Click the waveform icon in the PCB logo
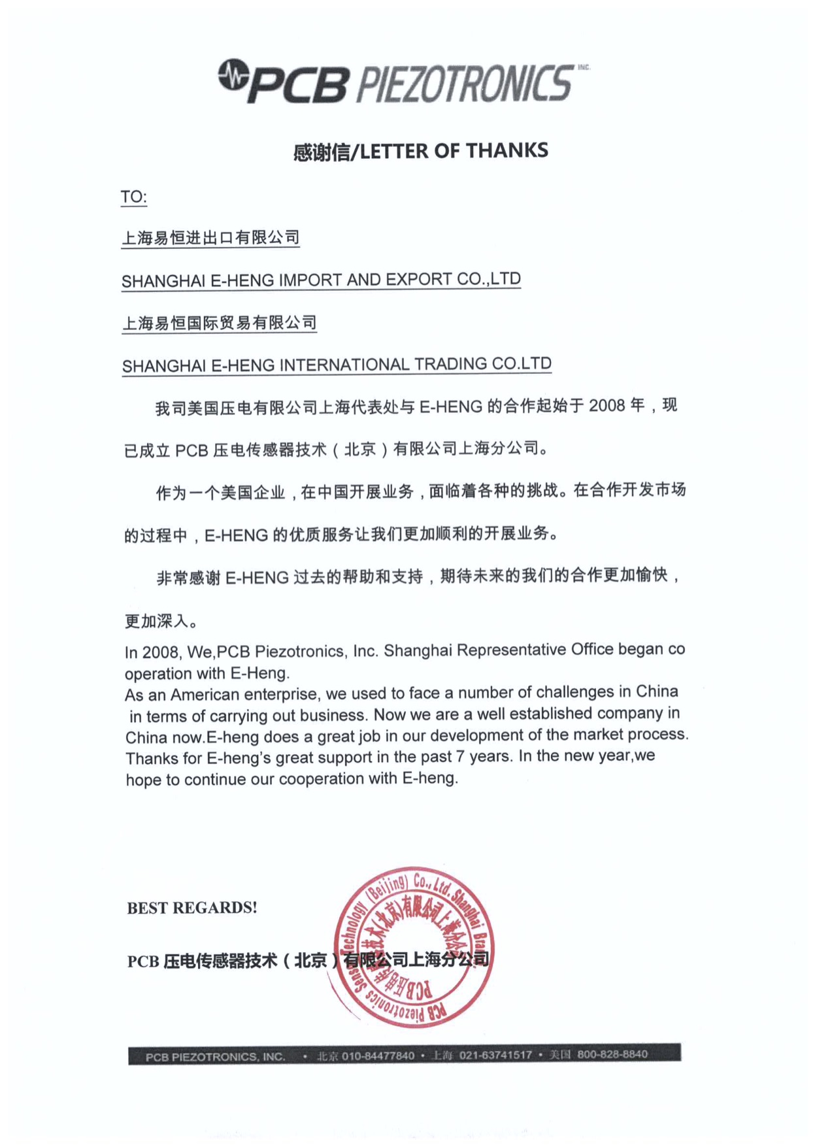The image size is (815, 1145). click(233, 76)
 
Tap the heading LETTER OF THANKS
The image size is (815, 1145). click(454, 151)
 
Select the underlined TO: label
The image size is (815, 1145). click(133, 197)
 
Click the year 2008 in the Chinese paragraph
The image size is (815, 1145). click(607, 406)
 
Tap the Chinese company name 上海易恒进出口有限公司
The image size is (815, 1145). click(210, 238)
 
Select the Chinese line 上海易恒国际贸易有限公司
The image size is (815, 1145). click(219, 323)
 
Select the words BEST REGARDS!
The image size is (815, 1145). click(191, 908)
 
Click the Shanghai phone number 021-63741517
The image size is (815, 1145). click(495, 1055)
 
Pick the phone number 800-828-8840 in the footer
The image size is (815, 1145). click(612, 1054)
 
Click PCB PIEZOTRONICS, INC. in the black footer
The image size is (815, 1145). click(215, 1057)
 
